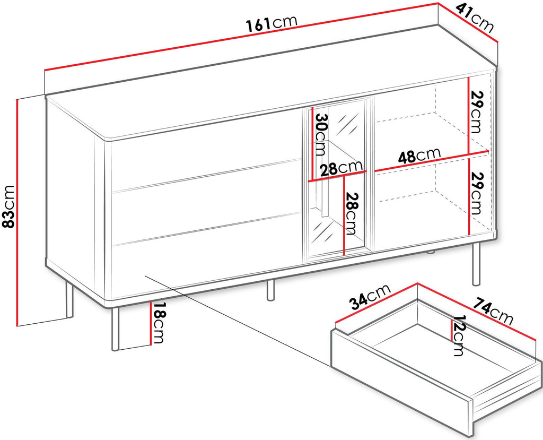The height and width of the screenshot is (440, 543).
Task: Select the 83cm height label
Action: click(x=8, y=207)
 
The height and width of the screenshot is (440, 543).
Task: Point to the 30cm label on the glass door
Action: click(x=320, y=134)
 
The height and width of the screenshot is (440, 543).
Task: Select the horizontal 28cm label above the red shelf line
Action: click(x=341, y=168)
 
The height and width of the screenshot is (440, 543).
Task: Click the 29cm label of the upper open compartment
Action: click(x=476, y=111)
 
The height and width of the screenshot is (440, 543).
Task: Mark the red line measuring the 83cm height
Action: click(x=16, y=212)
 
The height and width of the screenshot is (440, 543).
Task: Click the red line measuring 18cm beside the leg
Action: click(x=151, y=323)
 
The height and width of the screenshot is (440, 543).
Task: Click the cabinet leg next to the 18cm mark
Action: click(x=115, y=329)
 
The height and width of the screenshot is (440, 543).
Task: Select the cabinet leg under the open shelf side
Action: click(x=477, y=264)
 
